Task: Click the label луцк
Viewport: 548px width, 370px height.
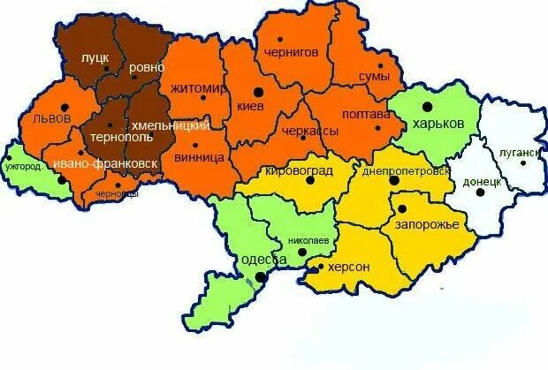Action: [95, 57]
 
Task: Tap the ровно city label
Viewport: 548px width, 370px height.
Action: [146, 67]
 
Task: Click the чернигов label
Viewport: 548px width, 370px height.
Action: [291, 52]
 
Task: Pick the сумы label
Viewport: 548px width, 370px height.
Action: [374, 78]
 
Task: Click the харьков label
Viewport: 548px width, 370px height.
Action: [438, 124]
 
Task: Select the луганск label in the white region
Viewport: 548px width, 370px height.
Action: [518, 154]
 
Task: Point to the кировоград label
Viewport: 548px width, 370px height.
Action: [299, 168]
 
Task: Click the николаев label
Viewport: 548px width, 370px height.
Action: [308, 240]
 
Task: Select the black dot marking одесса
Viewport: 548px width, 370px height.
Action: [261, 277]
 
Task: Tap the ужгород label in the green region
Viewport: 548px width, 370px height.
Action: [23, 165]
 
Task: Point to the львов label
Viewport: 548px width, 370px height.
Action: [50, 117]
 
